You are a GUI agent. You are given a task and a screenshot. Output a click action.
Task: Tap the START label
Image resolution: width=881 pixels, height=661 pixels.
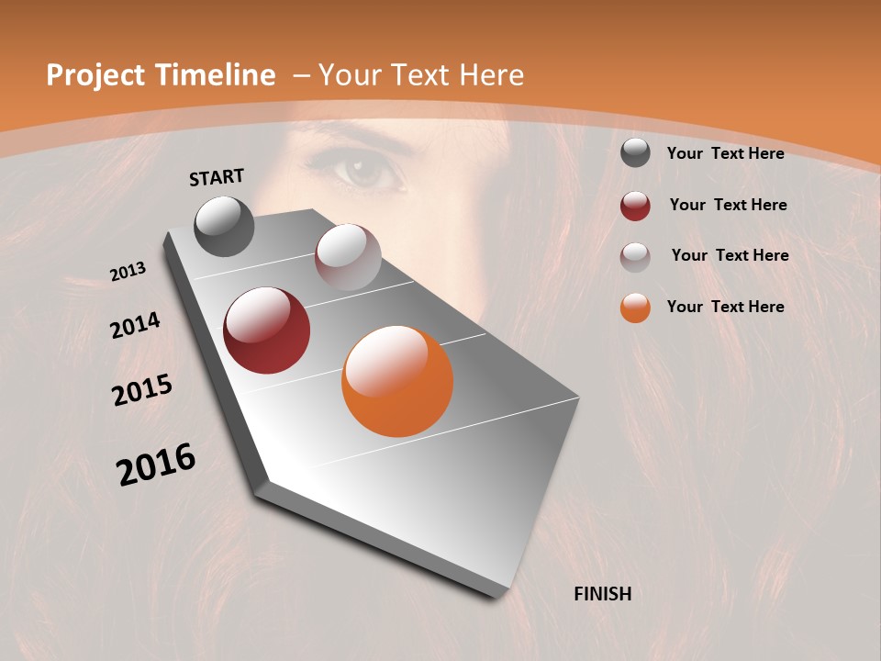[217, 177]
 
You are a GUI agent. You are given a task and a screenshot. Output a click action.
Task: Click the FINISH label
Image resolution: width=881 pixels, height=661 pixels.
[603, 594]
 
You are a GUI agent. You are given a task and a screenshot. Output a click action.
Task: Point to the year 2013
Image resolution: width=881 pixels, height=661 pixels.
[128, 272]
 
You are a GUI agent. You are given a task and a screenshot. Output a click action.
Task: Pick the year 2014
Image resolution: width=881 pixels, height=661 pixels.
[135, 325]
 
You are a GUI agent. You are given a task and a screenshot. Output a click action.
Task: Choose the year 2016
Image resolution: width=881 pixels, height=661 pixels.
[156, 465]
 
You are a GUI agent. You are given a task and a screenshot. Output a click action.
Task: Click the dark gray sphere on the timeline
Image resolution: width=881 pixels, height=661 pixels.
[225, 226]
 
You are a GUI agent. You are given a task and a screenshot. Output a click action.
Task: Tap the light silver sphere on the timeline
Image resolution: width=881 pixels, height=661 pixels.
[348, 257]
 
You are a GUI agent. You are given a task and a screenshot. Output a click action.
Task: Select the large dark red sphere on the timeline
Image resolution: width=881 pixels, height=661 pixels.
[267, 330]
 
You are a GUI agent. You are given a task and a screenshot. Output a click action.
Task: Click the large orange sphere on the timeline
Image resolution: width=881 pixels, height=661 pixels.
[397, 381]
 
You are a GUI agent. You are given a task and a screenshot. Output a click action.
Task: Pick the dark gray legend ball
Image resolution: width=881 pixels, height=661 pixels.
[635, 153]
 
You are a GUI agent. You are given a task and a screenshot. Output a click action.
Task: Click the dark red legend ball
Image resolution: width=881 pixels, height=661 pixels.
[635, 206]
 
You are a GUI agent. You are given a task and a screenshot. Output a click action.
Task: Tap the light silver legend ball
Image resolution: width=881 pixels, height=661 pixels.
[635, 257]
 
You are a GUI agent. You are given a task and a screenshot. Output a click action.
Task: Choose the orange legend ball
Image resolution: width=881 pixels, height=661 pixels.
[635, 308]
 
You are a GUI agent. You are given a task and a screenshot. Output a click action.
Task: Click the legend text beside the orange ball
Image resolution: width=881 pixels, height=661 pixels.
[726, 307]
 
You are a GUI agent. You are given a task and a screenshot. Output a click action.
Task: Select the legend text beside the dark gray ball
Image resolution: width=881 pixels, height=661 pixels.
[726, 153]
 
